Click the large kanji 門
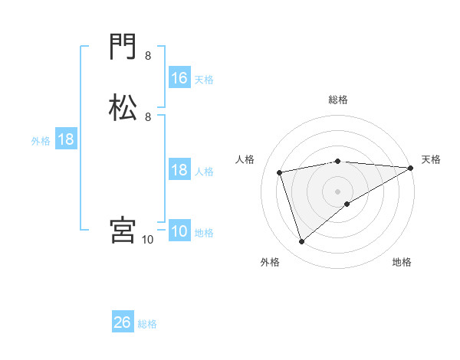point(123,48)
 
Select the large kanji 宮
point(123,230)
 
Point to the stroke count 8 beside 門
point(148,56)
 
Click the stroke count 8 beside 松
point(148,116)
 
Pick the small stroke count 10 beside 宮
point(148,240)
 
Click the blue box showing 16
point(179,78)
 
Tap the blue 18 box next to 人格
point(179,170)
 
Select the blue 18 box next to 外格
point(65,139)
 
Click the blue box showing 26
point(123,322)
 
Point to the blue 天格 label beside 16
point(204,79)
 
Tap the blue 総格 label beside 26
point(147,324)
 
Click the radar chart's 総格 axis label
point(338,100)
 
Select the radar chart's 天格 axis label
point(431,159)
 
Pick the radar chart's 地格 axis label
point(402,263)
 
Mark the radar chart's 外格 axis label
point(270,263)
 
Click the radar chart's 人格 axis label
point(245,159)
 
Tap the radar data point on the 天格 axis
point(411,168)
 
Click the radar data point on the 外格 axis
point(301,242)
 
